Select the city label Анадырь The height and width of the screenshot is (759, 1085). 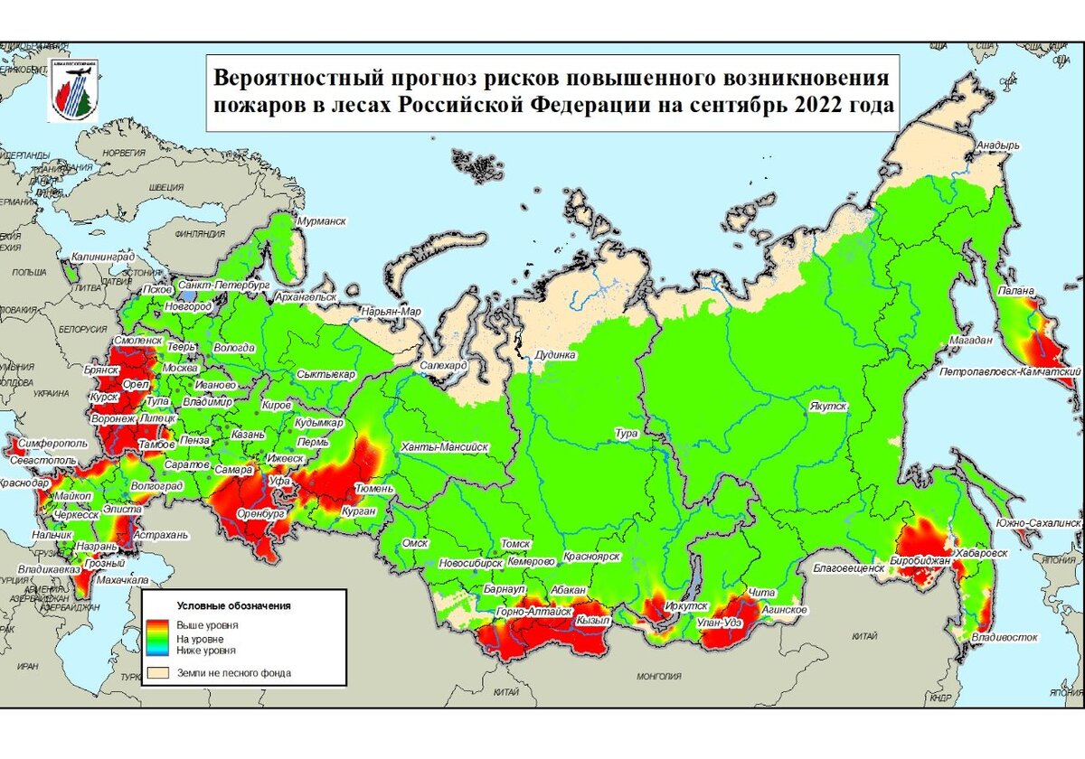pyautogui.click(x=997, y=145)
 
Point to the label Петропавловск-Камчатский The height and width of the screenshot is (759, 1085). pyautogui.click(x=1011, y=371)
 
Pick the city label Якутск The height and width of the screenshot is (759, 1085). pyautogui.click(x=827, y=407)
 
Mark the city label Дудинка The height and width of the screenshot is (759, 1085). pyautogui.click(x=556, y=355)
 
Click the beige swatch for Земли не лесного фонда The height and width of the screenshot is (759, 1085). pyautogui.click(x=159, y=672)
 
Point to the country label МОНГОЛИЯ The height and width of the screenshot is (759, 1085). pyautogui.click(x=659, y=676)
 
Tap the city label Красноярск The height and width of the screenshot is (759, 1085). pyautogui.click(x=591, y=558)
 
